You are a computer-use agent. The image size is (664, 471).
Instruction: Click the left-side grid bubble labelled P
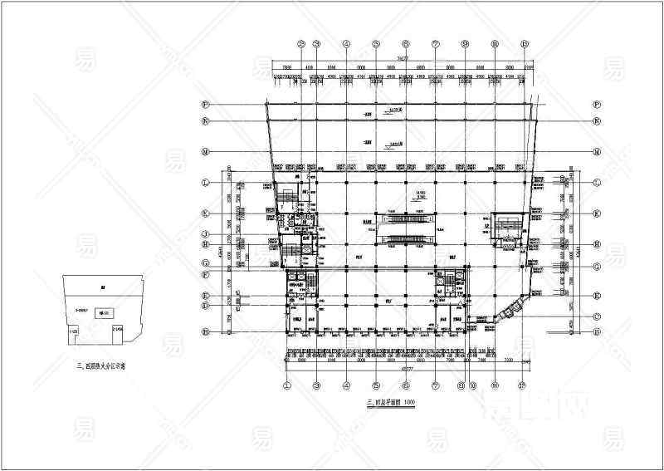205,104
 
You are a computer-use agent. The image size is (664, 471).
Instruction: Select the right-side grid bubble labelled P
597,104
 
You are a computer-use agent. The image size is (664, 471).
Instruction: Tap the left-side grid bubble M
205,152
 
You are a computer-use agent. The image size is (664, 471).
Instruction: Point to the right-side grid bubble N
597,120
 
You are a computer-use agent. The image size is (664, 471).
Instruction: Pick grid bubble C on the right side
597,315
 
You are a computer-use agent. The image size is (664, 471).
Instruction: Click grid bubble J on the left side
205,235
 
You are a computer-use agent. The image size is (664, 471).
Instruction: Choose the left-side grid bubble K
205,213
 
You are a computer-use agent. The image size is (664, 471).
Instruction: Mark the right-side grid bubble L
597,182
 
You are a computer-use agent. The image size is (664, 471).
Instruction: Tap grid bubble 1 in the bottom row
287,385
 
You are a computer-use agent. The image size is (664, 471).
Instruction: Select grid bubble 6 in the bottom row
406,385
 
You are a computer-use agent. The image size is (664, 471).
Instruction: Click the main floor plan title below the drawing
390,403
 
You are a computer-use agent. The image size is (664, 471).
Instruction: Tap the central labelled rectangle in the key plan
105,313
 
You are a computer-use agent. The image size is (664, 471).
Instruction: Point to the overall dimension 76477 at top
402,59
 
